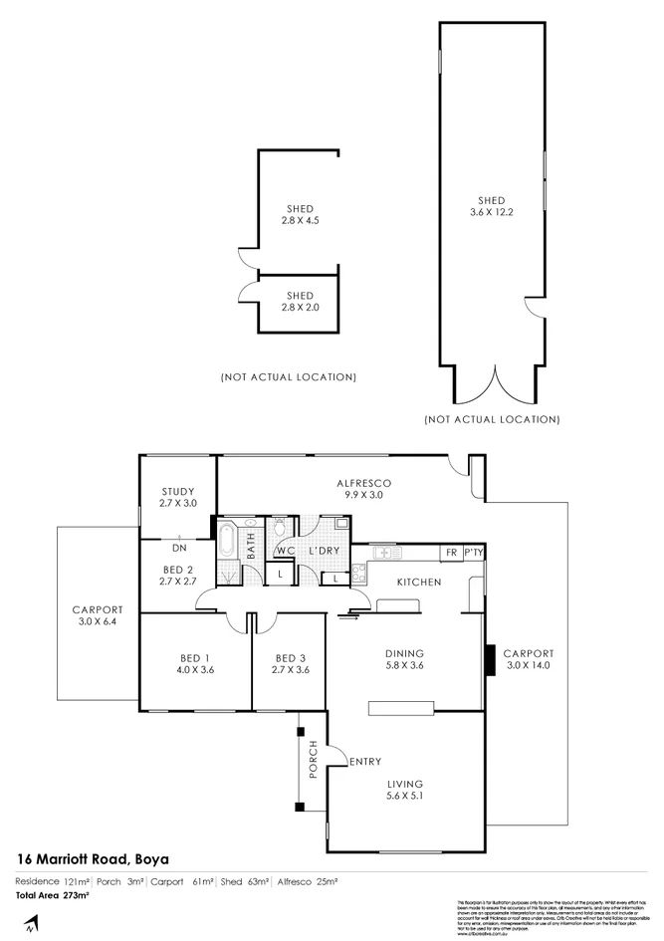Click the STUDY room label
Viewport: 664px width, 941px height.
(177, 491)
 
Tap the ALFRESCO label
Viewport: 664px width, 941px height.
(363, 483)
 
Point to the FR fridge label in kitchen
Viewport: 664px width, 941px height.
(451, 551)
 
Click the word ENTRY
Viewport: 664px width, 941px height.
(364, 763)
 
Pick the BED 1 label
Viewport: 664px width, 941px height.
(193, 656)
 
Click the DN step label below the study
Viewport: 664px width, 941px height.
(179, 548)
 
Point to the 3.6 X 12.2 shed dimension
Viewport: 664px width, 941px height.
(490, 211)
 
